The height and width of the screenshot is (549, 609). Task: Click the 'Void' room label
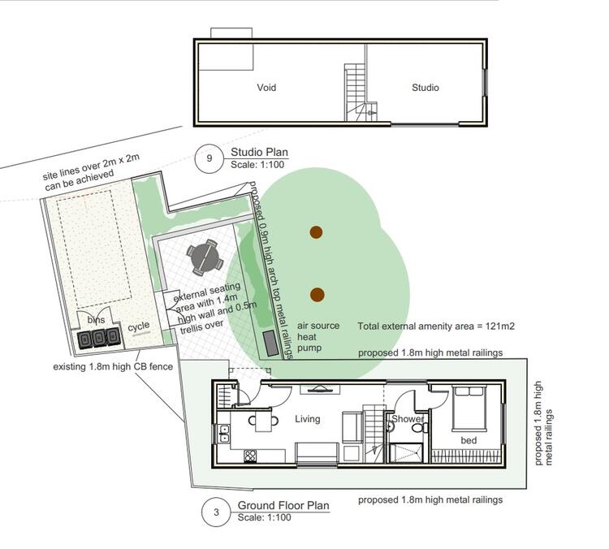266,88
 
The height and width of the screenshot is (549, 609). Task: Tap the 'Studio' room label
425,88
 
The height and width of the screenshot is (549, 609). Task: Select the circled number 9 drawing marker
209,158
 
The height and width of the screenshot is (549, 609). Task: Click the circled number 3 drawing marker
216,512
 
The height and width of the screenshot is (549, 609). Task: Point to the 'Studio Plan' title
260,152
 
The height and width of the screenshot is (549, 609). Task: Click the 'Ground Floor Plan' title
283,505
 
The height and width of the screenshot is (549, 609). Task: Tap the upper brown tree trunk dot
316,232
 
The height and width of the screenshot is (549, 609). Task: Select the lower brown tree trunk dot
317,295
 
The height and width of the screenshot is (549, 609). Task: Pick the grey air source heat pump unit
270,344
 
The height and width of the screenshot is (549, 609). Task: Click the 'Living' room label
308,419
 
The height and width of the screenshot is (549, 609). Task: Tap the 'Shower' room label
408,419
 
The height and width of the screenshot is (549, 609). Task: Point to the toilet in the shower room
421,428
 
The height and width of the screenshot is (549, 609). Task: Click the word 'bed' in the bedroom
469,440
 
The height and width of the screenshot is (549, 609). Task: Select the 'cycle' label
139,326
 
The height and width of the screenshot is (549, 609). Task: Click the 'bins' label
96,320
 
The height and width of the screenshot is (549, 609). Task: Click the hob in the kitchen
250,456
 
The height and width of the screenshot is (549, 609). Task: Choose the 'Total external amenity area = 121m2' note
436,326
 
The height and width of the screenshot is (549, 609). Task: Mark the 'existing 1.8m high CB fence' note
113,366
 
